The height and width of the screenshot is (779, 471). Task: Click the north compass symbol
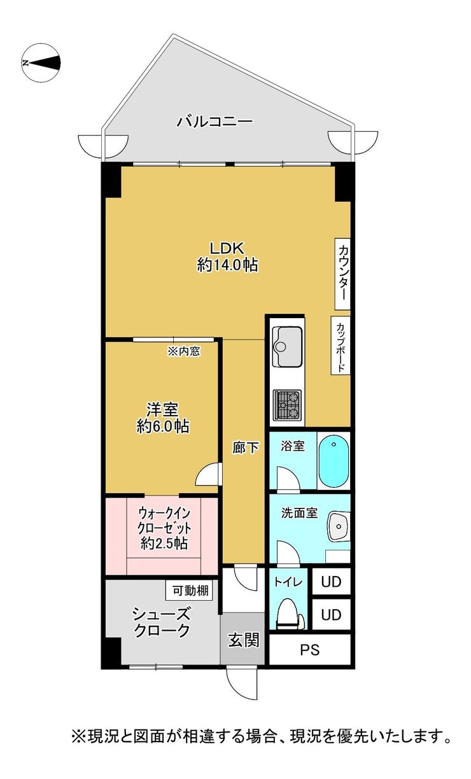point(41,63)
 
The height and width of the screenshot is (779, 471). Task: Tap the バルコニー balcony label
point(214,122)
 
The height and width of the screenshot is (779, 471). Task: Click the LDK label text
point(227,248)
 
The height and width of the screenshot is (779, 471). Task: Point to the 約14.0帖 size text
point(227,265)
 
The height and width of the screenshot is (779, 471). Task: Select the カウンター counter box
point(342,274)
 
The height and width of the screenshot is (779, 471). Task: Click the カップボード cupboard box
point(340,345)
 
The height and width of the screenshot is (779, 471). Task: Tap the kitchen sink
point(286,346)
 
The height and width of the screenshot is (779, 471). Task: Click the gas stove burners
point(287,404)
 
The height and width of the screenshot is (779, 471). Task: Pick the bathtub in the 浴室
point(334,461)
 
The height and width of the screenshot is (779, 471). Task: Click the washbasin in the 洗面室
point(338,526)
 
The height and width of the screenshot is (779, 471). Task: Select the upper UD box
point(331,581)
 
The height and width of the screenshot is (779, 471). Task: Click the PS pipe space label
point(309,649)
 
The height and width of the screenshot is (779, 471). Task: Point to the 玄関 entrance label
point(244,640)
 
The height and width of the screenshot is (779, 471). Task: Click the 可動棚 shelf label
point(190,590)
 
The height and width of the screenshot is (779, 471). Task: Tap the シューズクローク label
point(162,622)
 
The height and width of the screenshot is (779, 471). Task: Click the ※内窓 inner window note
point(184,351)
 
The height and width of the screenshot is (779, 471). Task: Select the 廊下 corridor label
point(245,447)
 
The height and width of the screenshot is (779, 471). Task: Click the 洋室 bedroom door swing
point(209,474)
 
